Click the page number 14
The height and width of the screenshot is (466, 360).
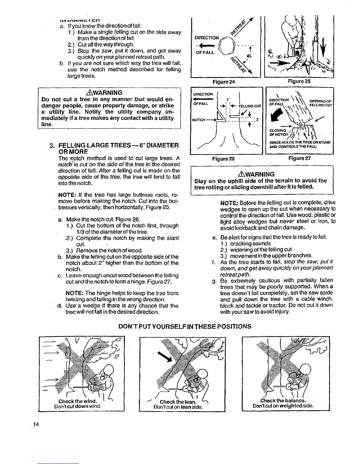[x=36, y=424]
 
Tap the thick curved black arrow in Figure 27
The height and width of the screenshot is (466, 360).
[x=274, y=116]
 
